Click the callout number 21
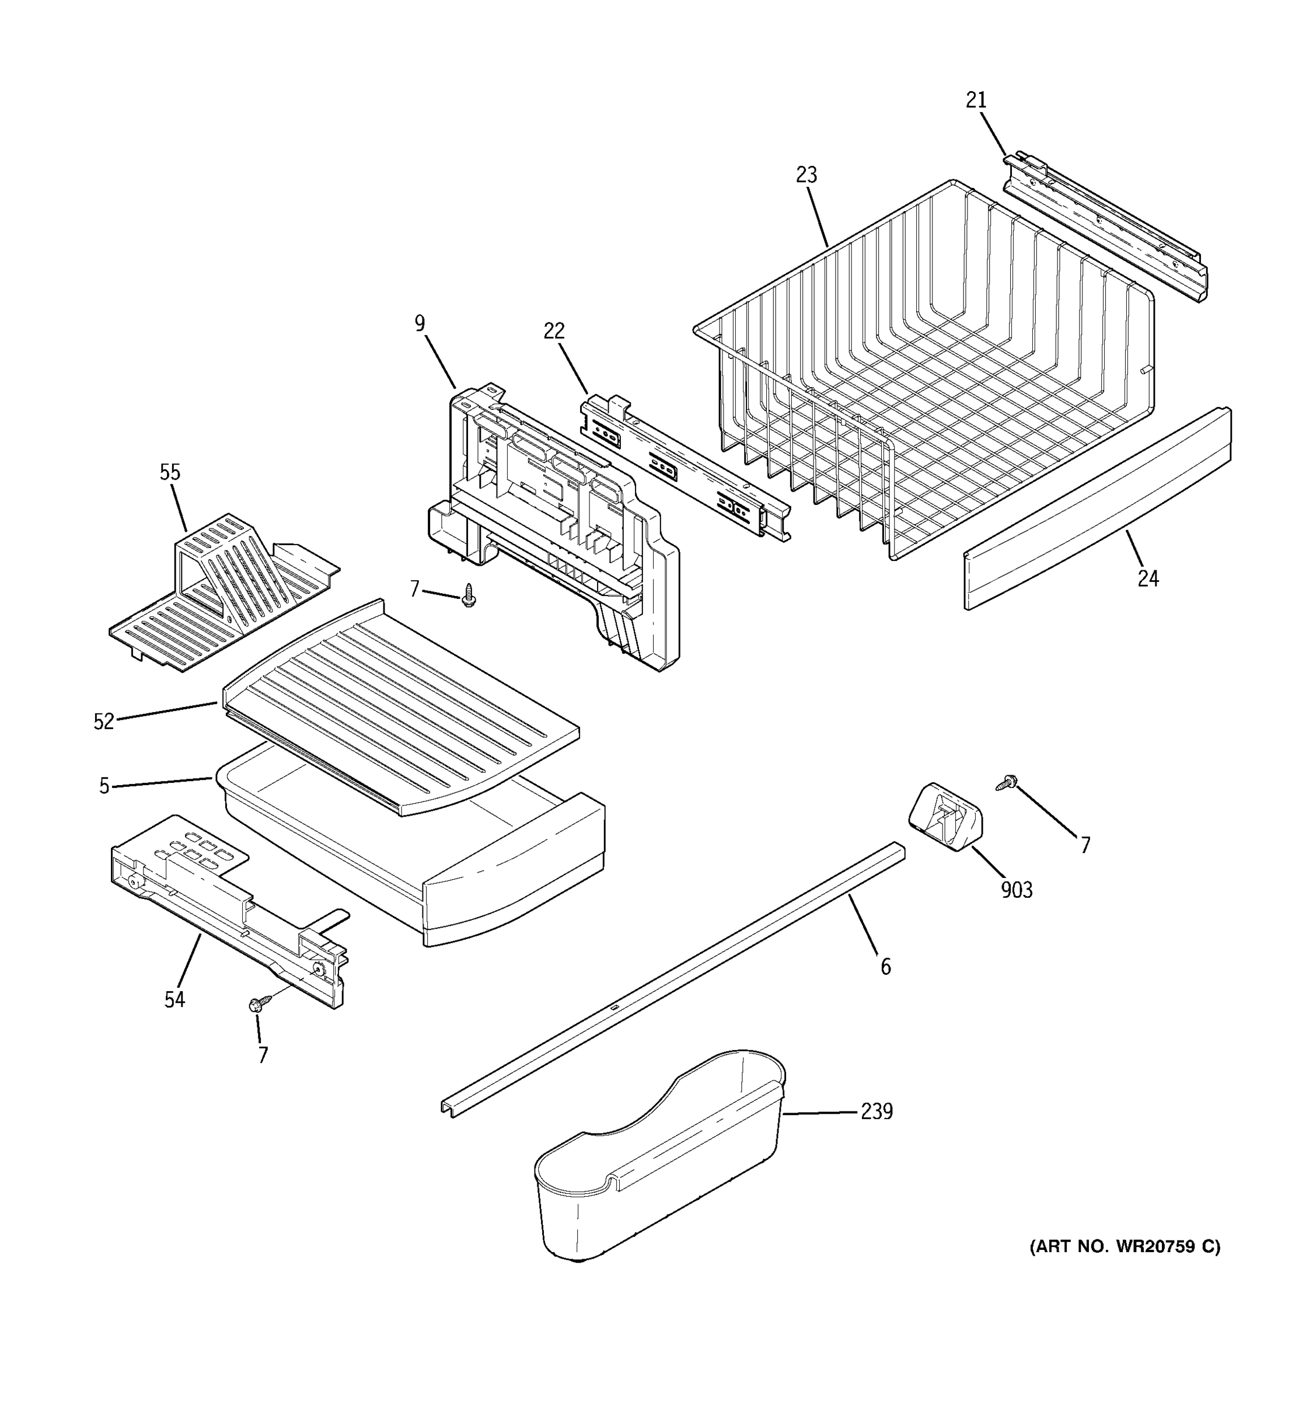(976, 101)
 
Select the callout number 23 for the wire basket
(806, 175)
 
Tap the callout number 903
(1017, 890)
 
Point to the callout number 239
(877, 1111)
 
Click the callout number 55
(170, 472)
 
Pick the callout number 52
(103, 722)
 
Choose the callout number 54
(174, 999)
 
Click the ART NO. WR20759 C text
(1125, 1247)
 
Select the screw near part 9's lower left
(469, 595)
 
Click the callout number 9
(420, 323)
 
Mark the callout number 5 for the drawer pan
(104, 786)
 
